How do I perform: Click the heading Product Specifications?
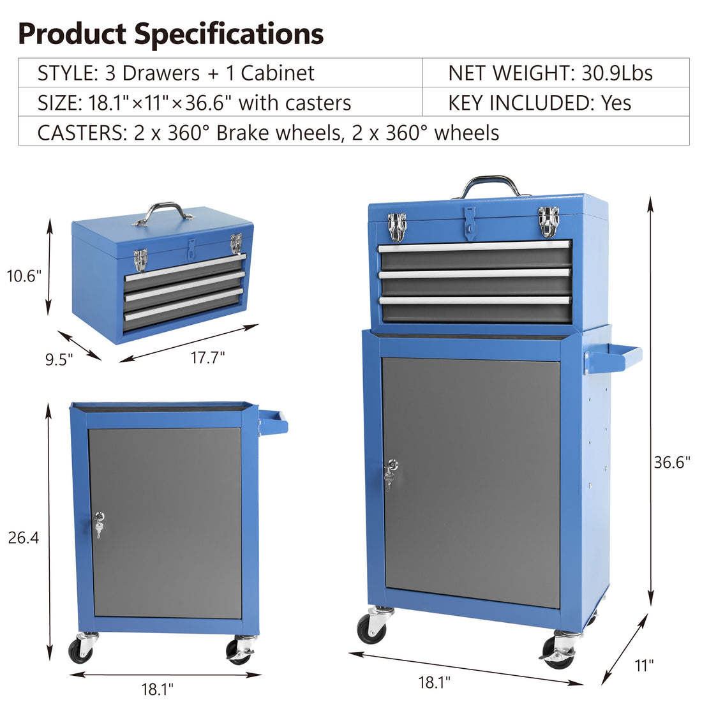[x=170, y=34]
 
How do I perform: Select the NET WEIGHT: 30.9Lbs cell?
[x=550, y=73]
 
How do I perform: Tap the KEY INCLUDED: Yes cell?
[x=539, y=103]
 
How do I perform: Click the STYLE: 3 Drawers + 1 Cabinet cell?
[x=175, y=73]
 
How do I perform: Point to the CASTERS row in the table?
[x=268, y=132]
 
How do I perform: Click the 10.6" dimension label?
[x=24, y=276]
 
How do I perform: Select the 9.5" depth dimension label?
[x=59, y=359]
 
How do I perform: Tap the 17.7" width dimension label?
[x=207, y=357]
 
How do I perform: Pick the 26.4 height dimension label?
[x=24, y=538]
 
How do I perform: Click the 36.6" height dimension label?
[x=672, y=462]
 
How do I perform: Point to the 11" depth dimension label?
[x=644, y=666]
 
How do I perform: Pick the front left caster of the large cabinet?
[x=373, y=625]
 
